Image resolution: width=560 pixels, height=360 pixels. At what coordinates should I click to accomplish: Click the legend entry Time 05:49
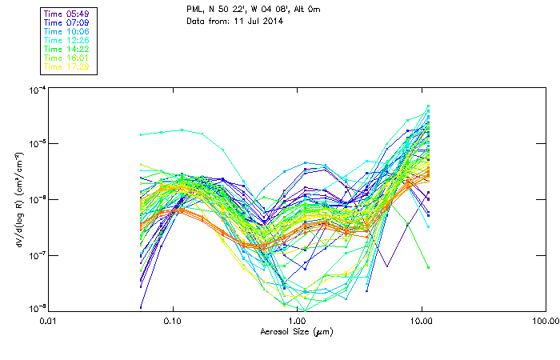coord(66,14)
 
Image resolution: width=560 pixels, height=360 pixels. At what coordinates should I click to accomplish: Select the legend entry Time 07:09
coord(66,22)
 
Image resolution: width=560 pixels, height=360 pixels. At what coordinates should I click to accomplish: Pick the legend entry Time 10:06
coord(66,31)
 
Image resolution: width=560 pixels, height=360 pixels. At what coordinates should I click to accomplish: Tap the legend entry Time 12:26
coord(66,40)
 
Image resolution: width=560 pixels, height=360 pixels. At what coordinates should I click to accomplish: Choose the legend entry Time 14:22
coord(66,49)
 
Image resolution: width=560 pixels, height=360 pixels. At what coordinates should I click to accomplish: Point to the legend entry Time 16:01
coord(66,58)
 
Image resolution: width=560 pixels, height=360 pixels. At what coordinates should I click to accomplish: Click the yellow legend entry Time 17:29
coord(66,66)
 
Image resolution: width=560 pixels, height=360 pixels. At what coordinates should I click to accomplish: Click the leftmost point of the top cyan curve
coord(141,134)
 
